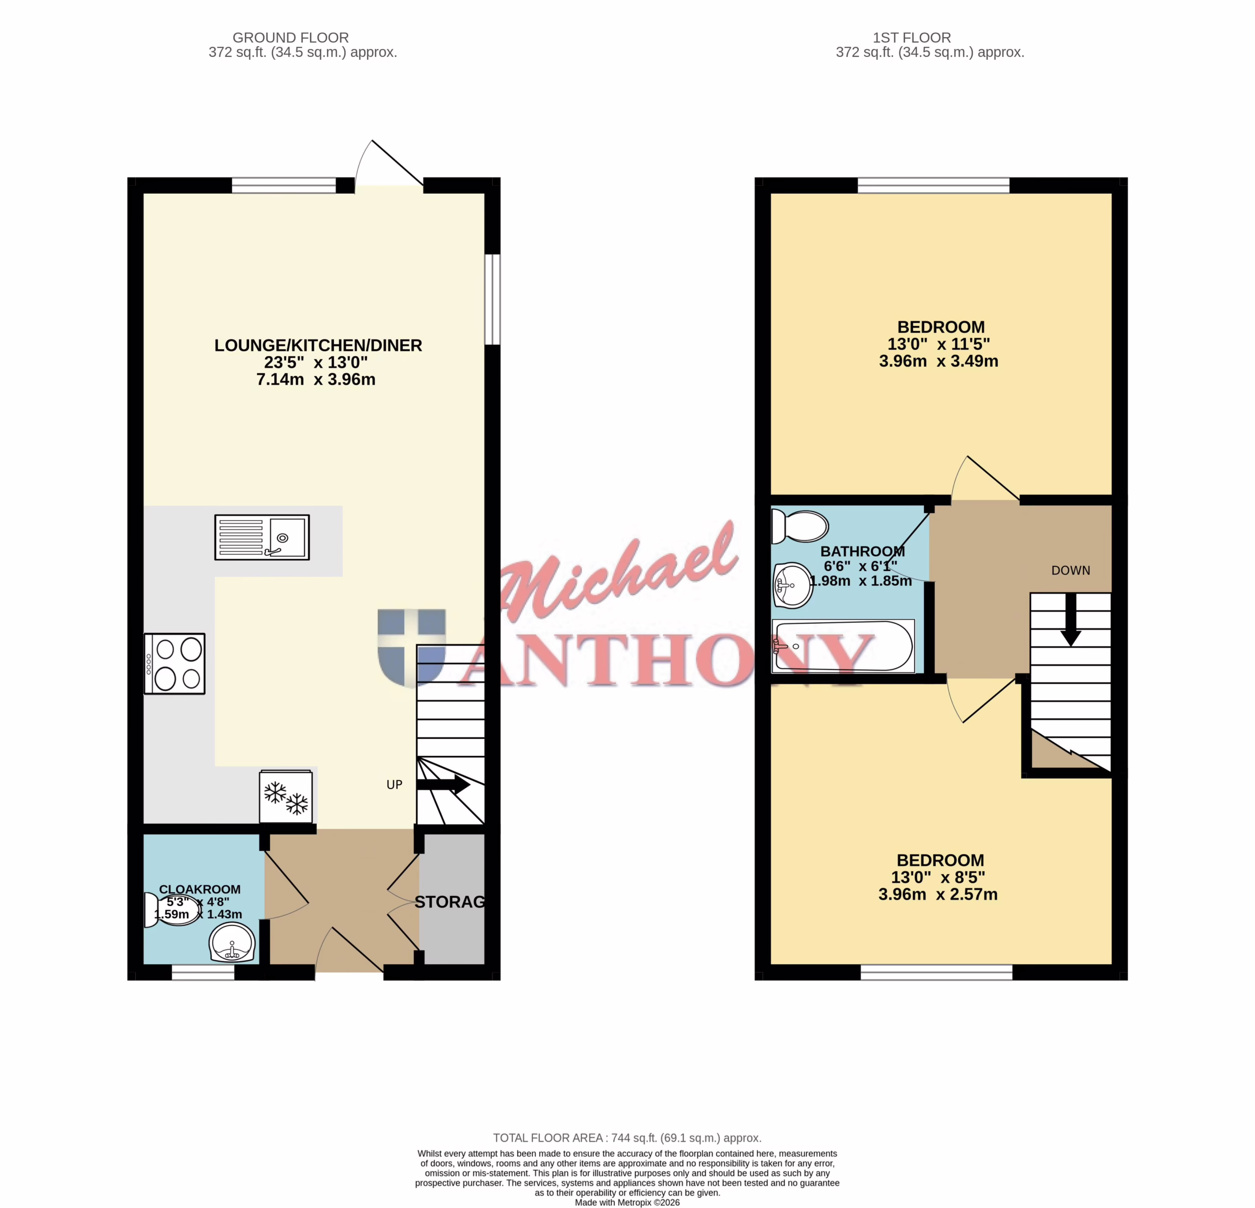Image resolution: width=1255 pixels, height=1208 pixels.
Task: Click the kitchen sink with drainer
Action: coord(262,537)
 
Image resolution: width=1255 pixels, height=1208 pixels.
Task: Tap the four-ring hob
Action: coord(174,663)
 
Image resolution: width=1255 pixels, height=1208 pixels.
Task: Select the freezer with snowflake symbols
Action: coord(286,796)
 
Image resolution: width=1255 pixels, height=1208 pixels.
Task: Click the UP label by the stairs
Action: coord(395,785)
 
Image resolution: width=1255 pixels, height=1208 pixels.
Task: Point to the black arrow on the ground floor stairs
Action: coord(443,784)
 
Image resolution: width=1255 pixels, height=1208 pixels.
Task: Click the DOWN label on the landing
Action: coord(1071,570)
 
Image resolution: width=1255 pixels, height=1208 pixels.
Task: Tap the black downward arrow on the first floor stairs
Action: coord(1071,620)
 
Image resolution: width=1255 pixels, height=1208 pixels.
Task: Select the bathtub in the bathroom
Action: coord(843,646)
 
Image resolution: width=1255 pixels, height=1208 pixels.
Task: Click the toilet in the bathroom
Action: coord(800,526)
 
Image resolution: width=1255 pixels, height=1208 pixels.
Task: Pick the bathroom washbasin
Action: coord(793,585)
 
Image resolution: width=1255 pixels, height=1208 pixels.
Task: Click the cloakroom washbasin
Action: coord(232,942)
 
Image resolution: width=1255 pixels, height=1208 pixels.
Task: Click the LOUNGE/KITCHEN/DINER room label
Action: coord(318,346)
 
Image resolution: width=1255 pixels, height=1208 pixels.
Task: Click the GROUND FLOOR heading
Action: coord(291,38)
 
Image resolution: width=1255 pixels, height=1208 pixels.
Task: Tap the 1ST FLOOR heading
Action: coord(912,38)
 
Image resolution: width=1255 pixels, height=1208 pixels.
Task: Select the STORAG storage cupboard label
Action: coord(450,902)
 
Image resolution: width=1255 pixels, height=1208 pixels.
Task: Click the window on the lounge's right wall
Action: coord(492,300)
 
